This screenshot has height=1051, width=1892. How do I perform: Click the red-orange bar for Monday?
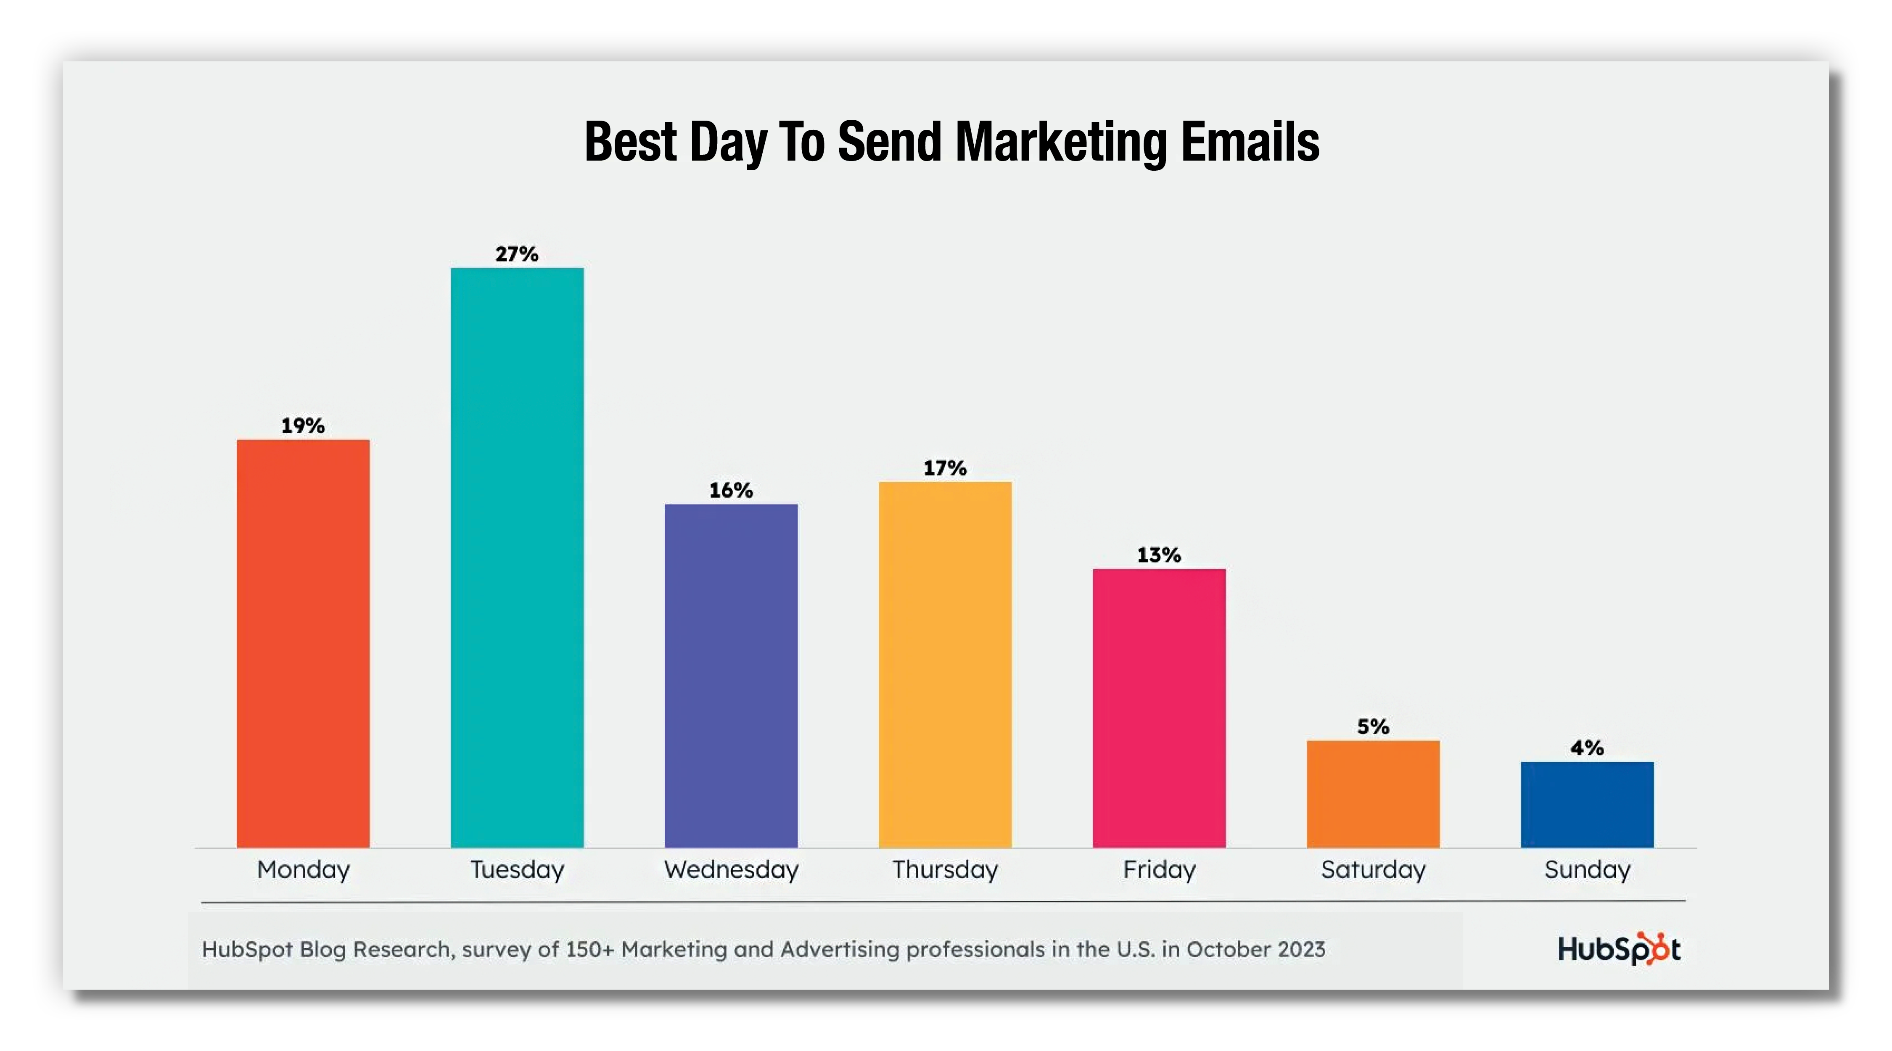(303, 643)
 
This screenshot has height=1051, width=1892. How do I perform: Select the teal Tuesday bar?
(517, 557)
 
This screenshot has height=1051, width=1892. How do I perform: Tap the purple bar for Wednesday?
(731, 676)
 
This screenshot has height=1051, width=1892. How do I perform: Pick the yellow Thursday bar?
(945, 665)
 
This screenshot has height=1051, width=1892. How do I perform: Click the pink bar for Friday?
(1159, 708)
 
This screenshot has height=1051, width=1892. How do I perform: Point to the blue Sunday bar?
(1587, 805)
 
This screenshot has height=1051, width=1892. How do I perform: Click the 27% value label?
(517, 254)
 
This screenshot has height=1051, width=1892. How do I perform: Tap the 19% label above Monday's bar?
(303, 426)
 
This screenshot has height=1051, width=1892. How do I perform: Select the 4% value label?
(1587, 748)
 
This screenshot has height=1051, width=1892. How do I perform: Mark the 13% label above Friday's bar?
(1159, 555)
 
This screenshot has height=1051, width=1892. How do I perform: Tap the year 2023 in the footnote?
(1301, 950)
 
